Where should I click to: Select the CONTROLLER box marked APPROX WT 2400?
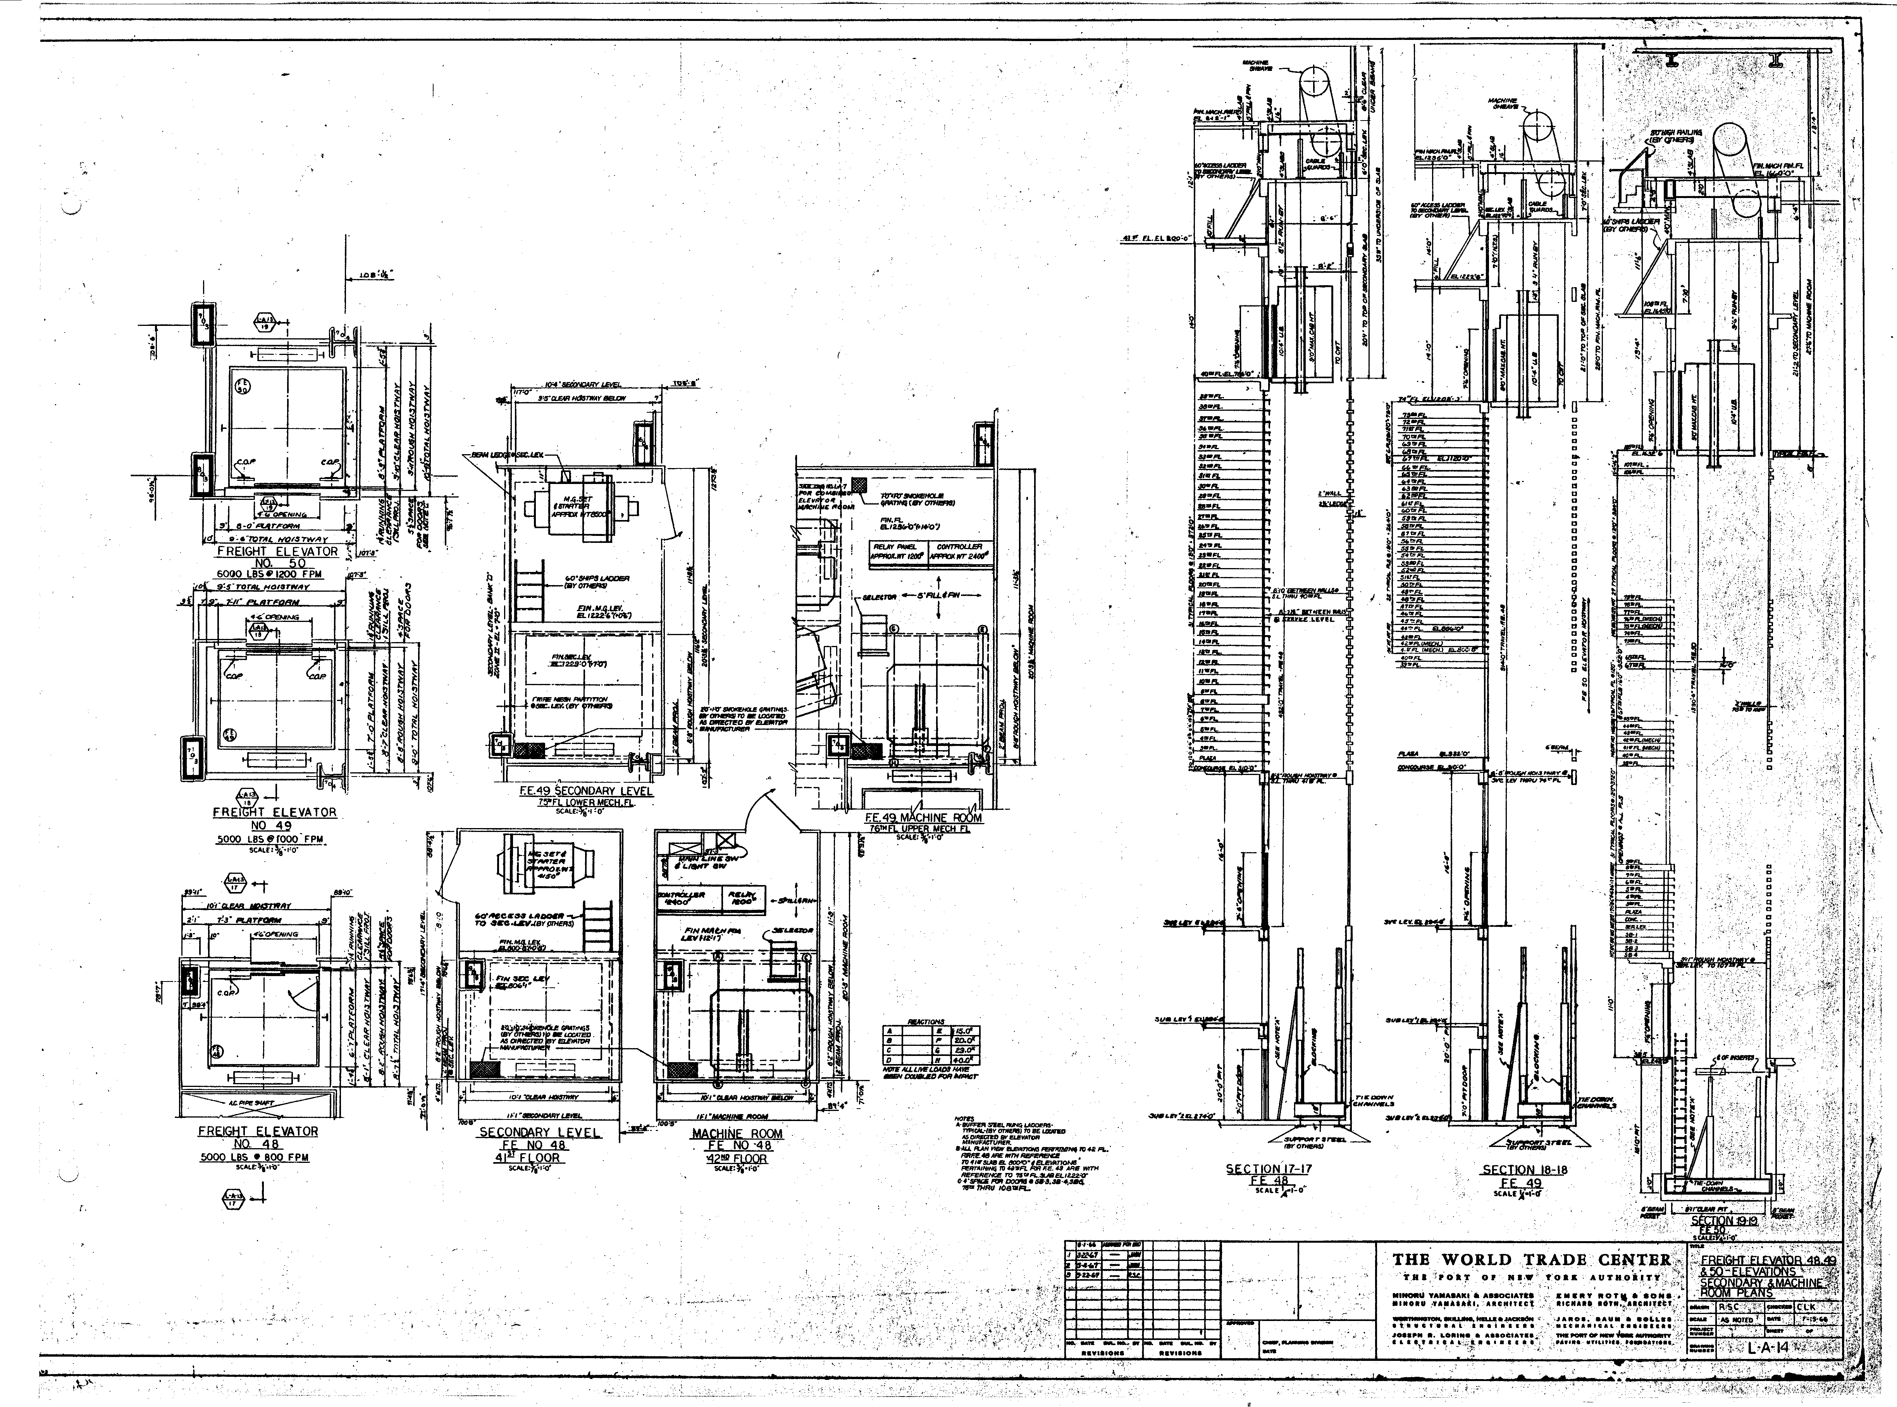[960, 552]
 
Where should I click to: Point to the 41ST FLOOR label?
[539, 1157]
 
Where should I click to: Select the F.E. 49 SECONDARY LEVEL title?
[587, 791]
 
